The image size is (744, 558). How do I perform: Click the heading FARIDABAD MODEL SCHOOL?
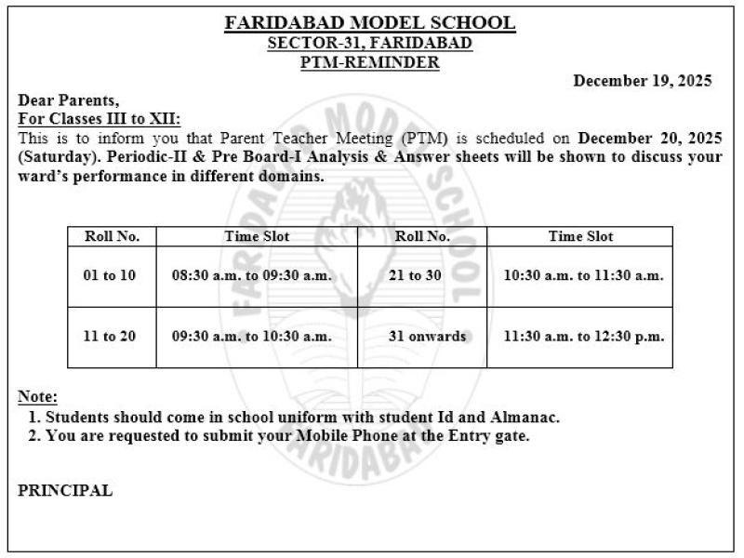(370, 23)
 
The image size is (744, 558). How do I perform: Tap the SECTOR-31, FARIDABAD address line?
(370, 43)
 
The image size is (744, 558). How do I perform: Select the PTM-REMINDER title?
(370, 62)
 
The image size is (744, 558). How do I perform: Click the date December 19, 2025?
(643, 81)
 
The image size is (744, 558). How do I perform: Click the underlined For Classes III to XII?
(100, 119)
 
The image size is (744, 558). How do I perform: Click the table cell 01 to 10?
(110, 275)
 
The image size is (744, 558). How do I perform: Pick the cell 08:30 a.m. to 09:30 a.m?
(251, 275)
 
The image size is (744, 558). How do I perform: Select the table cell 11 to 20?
(110, 336)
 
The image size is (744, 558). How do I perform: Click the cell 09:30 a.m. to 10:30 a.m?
(251, 336)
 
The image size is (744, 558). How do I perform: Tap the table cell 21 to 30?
(422, 275)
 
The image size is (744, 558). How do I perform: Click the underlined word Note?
(37, 397)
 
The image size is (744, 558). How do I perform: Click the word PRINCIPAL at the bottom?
(65, 491)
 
